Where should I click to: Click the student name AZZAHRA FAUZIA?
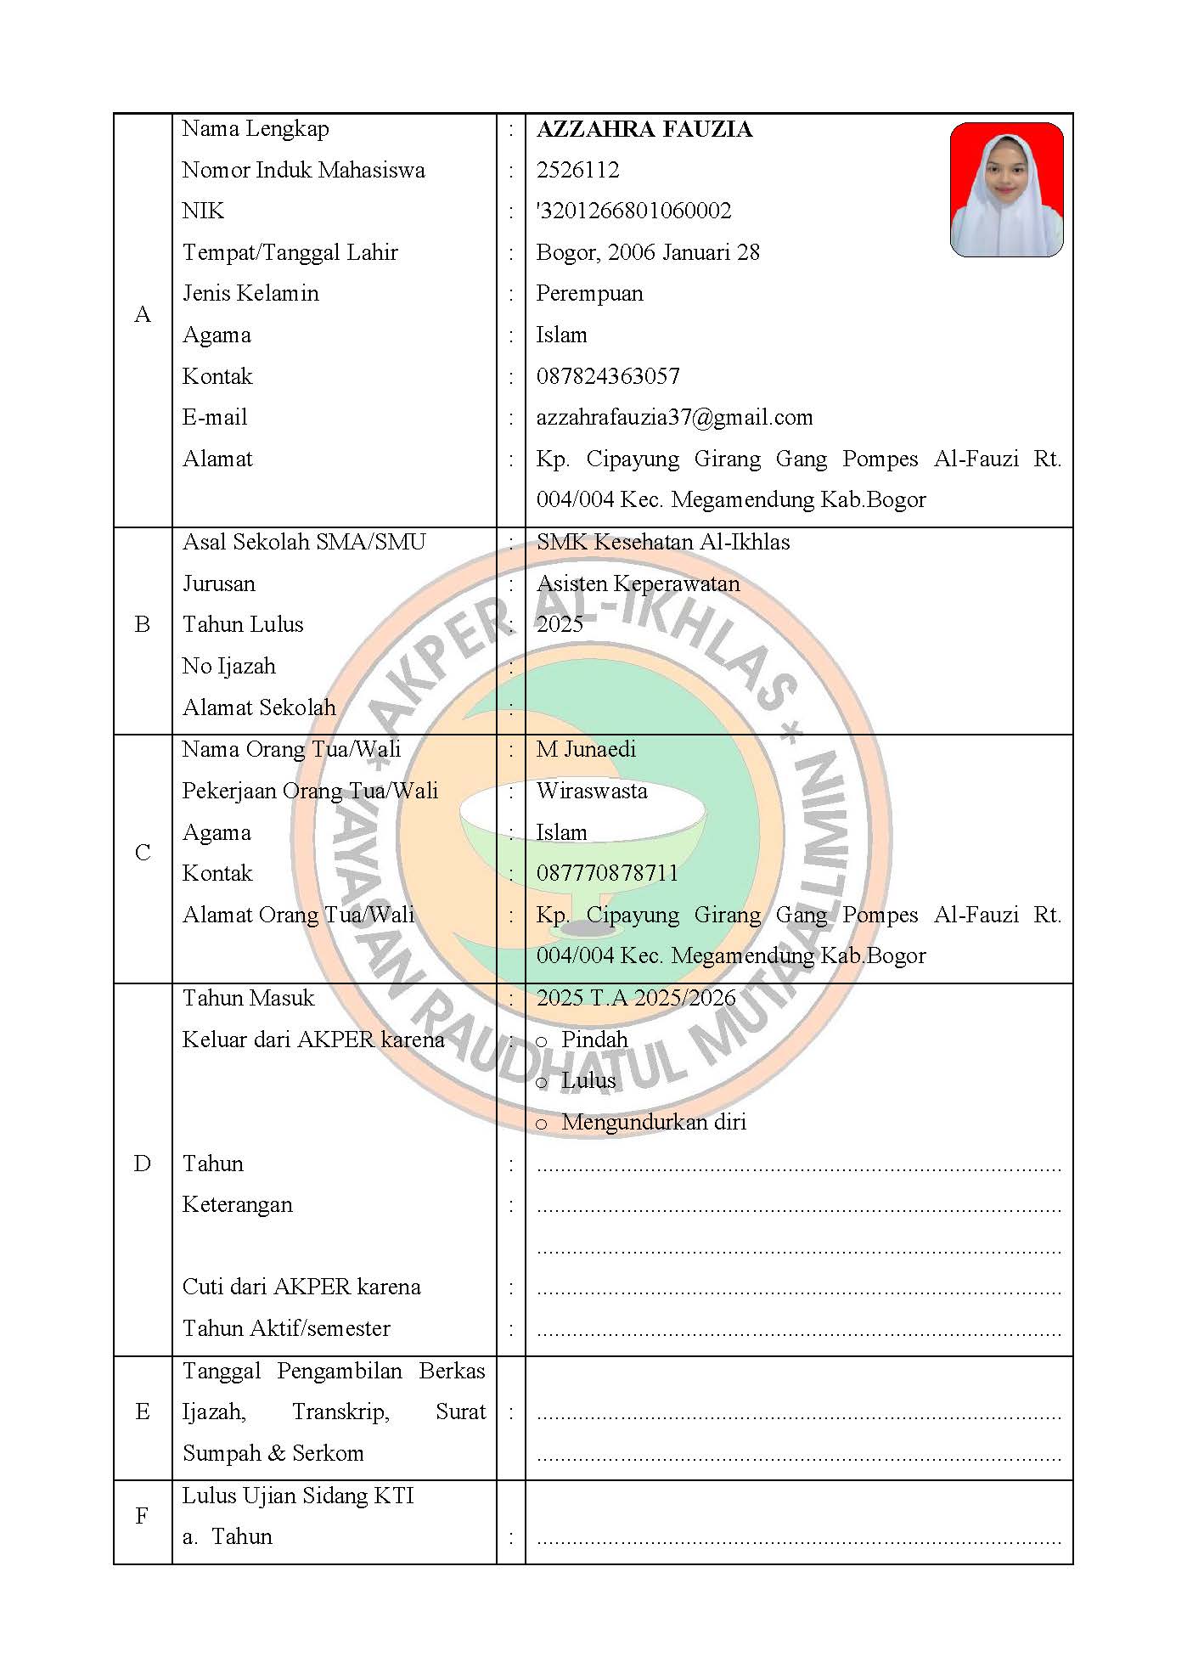click(644, 129)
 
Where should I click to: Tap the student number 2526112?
click(577, 170)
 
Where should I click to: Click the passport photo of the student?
click(1006, 189)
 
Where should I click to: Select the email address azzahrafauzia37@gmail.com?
click(674, 417)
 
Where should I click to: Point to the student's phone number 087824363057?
click(608, 376)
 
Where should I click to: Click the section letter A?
click(143, 315)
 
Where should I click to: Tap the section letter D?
click(143, 1163)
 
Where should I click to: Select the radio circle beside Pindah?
click(542, 1041)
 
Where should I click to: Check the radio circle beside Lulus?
click(542, 1083)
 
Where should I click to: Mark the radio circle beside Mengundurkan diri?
click(542, 1124)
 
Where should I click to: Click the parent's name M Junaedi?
click(586, 749)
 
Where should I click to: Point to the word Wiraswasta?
click(592, 791)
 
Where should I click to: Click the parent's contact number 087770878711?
click(607, 873)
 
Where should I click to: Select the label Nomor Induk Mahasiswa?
click(303, 170)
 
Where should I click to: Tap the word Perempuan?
click(589, 294)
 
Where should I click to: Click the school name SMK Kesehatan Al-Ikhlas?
click(663, 542)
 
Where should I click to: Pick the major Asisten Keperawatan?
click(638, 583)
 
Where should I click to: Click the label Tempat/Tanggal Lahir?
click(290, 252)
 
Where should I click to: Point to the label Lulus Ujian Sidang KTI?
click(298, 1496)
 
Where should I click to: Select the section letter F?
click(143, 1516)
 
